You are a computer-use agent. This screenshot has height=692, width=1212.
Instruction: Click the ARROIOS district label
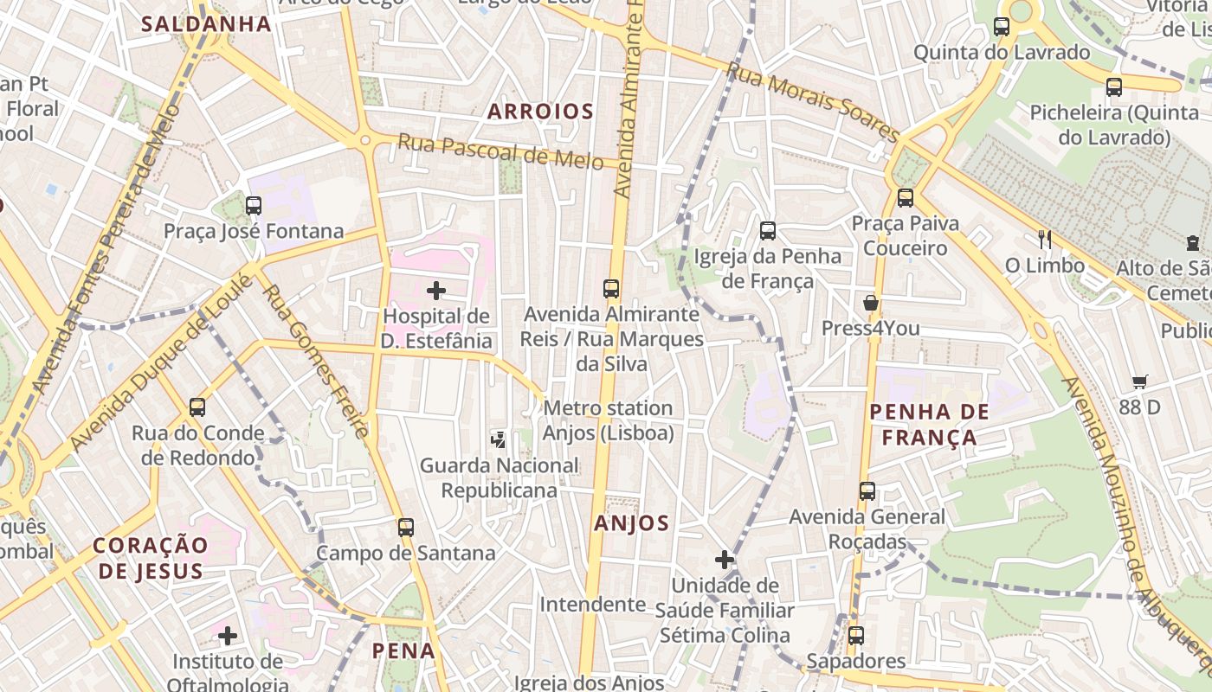coord(540,111)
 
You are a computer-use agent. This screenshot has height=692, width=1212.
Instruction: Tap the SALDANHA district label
coord(206,23)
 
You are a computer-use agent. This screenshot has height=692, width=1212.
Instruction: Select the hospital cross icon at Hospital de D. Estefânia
coord(436,291)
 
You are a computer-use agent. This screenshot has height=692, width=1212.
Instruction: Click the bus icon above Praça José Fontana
coord(254,206)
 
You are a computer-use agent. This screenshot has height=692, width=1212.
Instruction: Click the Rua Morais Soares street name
coord(812,101)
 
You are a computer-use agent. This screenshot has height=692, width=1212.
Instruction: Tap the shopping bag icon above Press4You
coord(871,303)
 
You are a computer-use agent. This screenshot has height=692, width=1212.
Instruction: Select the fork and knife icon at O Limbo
coord(1045,240)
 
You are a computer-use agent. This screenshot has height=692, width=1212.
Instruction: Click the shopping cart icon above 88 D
coord(1140,381)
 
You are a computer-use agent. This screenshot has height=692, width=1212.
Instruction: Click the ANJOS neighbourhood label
coord(632,522)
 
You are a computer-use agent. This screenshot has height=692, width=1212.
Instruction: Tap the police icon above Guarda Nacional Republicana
coord(499,439)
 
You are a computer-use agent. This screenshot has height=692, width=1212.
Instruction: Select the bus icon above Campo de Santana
coord(406,527)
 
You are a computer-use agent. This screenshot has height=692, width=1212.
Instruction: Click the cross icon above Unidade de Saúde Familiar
coord(725,560)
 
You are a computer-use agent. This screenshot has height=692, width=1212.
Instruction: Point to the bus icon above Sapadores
coord(856,636)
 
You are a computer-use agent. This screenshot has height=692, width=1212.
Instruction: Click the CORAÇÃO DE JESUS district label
coord(151,558)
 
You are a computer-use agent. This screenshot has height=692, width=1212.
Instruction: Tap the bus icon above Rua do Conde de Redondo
coord(197,407)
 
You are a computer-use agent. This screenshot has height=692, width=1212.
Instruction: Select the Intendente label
coord(593,604)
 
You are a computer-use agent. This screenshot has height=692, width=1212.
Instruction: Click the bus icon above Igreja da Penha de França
coord(768,231)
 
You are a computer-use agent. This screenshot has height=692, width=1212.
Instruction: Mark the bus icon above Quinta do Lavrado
coord(1002,27)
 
